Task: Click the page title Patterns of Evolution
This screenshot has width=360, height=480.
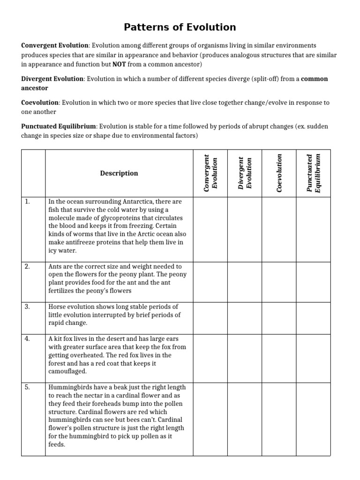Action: [x=180, y=27]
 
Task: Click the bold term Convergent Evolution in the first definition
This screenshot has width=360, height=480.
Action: [x=55, y=45]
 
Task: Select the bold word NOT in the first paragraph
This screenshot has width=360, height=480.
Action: [x=119, y=64]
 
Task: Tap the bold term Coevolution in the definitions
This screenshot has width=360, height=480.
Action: [x=40, y=103]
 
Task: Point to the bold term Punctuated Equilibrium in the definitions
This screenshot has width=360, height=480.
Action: [x=59, y=127]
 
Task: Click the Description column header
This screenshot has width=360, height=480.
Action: [x=119, y=173]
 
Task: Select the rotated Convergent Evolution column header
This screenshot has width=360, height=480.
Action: [x=211, y=173]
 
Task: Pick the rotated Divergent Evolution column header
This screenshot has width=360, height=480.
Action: [x=245, y=173]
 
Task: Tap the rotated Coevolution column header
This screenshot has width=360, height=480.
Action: [x=279, y=173]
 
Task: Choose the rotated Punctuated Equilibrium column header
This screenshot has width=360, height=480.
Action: [x=313, y=173]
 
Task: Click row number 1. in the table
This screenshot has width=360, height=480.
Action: [x=28, y=202]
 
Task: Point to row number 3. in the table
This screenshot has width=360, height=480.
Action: [x=28, y=307]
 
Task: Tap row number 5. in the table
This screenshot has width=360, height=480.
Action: [x=28, y=387]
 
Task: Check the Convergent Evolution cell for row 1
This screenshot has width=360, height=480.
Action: [x=211, y=226]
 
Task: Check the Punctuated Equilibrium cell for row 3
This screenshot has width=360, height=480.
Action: [x=313, y=315]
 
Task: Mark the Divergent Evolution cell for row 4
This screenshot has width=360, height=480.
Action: [x=245, y=355]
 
